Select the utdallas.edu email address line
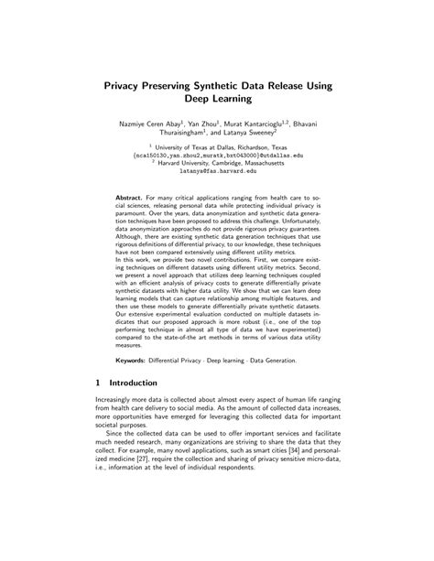tap(216, 155)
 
